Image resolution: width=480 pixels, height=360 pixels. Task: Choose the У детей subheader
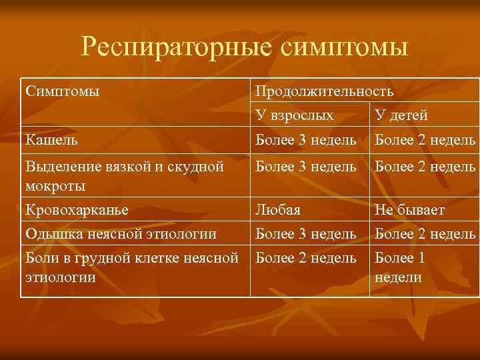(x=401, y=115)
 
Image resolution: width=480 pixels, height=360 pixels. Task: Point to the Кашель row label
(x=51, y=140)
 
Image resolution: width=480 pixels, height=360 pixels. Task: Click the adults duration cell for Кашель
(x=306, y=140)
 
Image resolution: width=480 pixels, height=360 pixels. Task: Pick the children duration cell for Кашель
(x=425, y=140)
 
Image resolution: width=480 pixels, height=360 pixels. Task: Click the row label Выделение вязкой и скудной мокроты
(x=123, y=175)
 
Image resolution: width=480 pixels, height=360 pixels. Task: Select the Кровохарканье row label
(x=76, y=209)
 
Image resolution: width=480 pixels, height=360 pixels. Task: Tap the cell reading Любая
(x=278, y=209)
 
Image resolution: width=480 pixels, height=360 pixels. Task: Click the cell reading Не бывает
(x=410, y=209)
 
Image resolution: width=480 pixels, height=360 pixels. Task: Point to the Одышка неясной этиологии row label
(x=120, y=233)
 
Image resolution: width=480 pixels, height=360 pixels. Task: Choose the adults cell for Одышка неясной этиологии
(x=306, y=233)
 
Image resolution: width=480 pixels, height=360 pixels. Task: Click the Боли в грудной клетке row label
(x=131, y=267)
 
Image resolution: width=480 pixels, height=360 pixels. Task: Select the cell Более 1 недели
(x=400, y=267)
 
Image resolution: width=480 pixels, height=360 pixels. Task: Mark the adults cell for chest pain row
(x=306, y=258)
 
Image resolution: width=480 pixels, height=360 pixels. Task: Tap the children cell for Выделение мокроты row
(x=425, y=167)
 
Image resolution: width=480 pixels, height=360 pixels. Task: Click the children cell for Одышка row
(x=425, y=233)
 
